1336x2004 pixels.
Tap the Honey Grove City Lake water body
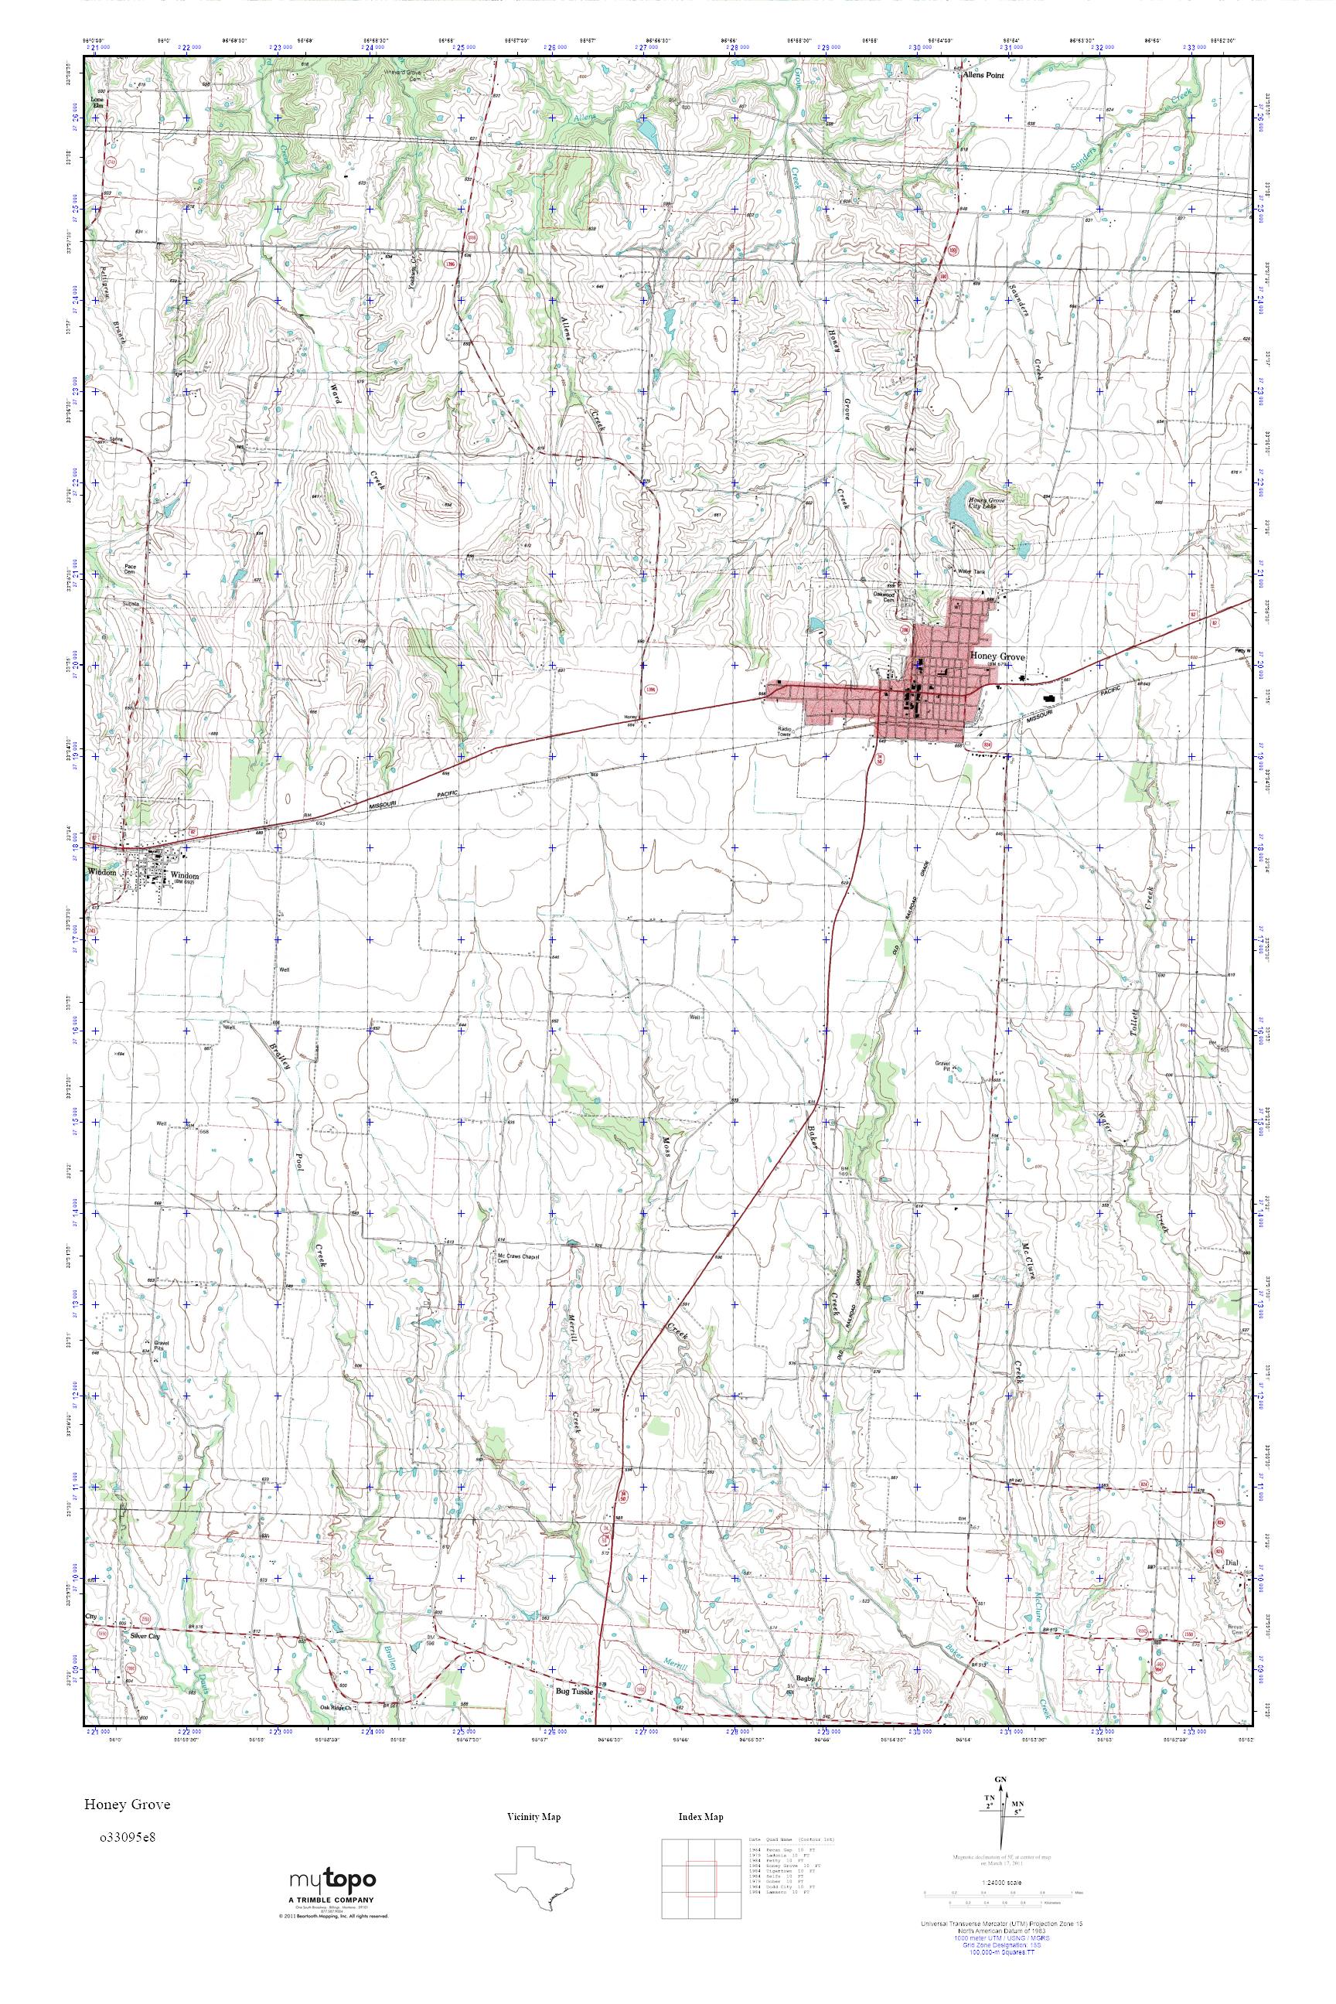(966, 508)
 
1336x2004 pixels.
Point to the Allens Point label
(983, 75)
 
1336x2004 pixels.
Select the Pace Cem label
(130, 568)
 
